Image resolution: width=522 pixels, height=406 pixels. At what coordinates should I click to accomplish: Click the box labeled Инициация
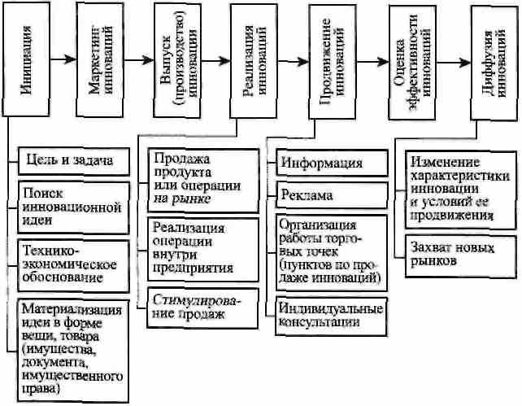click(x=26, y=59)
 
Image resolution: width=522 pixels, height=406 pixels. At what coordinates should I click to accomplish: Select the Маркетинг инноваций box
click(x=100, y=60)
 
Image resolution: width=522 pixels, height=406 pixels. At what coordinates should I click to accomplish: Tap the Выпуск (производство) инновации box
click(x=177, y=60)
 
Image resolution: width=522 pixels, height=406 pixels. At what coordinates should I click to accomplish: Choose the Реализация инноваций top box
click(x=254, y=61)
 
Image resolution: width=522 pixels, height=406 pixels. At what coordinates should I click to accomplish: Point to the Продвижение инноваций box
click(x=333, y=62)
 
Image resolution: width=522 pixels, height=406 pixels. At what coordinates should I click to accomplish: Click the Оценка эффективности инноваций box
click(x=413, y=63)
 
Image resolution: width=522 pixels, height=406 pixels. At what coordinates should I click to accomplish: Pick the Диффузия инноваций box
click(x=494, y=63)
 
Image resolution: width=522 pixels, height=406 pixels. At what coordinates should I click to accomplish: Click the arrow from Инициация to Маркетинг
click(x=63, y=59)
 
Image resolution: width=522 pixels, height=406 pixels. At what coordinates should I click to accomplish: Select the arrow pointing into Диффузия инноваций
click(x=454, y=63)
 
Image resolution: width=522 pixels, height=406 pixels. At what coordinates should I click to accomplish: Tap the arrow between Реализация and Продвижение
click(x=293, y=61)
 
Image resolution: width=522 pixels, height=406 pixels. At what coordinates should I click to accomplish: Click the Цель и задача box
click(x=73, y=162)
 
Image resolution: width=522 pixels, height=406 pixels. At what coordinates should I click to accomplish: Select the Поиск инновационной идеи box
click(x=73, y=207)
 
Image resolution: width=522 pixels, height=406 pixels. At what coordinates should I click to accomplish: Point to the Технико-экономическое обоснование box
click(x=73, y=266)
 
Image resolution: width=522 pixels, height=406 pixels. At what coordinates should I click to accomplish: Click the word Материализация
click(x=72, y=309)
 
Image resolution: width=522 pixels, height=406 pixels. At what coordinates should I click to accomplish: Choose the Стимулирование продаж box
click(x=202, y=308)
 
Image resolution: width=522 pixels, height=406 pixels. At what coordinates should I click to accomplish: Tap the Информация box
click(x=332, y=163)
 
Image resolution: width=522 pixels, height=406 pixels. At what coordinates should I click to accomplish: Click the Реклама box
click(x=332, y=195)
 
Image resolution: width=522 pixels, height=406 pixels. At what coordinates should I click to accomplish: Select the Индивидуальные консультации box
click(x=331, y=317)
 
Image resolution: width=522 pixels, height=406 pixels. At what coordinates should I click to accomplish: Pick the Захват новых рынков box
click(x=461, y=256)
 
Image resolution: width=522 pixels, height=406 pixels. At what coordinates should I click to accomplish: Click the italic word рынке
click(x=191, y=199)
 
